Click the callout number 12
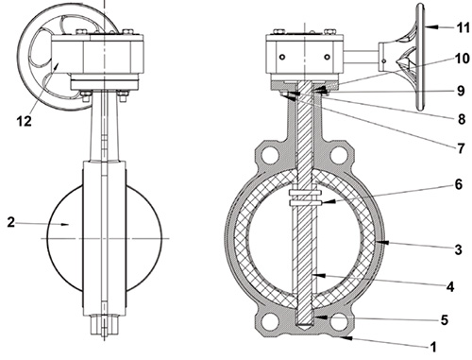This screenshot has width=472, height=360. click(x=24, y=121)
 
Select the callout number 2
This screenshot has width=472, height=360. click(x=10, y=223)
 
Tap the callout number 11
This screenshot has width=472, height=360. click(x=463, y=27)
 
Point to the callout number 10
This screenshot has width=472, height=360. click(x=463, y=59)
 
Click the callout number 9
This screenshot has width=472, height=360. click(x=461, y=91)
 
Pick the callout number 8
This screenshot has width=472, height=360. click(x=462, y=119)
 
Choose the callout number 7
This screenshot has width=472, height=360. click(x=461, y=148)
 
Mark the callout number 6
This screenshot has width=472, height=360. click(x=459, y=184)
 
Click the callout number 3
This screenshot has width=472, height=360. click(x=459, y=249)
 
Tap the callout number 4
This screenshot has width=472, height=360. click(x=450, y=286)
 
